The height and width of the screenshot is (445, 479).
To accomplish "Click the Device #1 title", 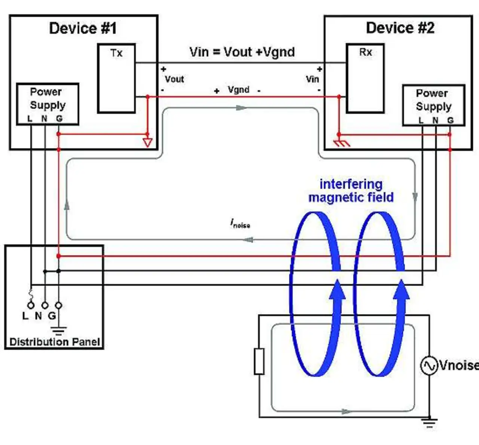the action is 83,28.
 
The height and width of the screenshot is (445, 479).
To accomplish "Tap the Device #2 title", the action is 400,28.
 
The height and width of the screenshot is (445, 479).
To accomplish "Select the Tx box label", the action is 116,53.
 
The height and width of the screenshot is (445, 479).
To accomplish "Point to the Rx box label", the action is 365,52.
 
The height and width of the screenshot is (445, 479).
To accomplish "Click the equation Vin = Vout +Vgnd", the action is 242,52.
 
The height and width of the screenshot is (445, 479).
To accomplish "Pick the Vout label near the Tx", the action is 174,79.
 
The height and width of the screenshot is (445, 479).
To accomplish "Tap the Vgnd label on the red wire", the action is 238,90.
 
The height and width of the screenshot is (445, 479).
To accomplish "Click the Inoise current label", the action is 240,223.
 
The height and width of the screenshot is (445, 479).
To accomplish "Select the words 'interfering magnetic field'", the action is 351,191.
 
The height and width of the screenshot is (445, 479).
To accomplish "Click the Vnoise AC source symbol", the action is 429,365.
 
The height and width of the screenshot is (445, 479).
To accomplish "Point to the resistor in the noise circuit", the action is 259,361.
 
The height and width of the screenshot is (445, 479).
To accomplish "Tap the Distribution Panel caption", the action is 55,342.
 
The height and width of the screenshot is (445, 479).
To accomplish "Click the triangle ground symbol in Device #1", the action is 147,142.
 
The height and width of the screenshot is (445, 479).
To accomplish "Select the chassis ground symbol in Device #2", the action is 341,143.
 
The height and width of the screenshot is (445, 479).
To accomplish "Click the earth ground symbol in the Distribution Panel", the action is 59,331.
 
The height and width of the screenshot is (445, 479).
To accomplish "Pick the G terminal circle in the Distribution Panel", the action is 59,306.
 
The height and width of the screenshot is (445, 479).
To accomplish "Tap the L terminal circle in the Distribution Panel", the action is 31,306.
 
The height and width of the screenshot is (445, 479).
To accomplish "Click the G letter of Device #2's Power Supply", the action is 450,120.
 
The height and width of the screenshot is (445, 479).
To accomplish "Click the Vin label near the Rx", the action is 312,79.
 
